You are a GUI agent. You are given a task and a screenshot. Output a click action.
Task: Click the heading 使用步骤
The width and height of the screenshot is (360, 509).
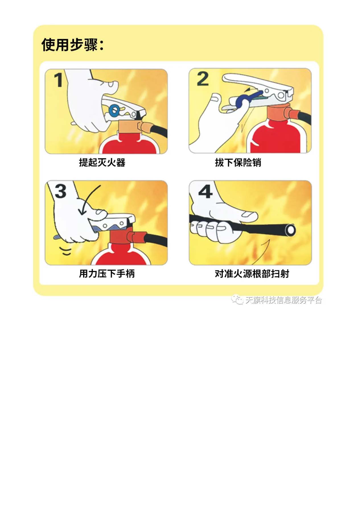pos(73,45)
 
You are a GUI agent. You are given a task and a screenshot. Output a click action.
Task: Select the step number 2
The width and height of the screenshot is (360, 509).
pos(203,79)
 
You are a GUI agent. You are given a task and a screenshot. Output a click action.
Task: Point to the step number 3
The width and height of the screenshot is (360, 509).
pos(60,191)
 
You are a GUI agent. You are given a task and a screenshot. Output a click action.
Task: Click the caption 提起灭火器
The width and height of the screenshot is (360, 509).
pos(102,163)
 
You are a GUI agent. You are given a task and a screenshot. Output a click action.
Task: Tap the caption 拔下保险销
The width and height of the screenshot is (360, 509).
pos(238,163)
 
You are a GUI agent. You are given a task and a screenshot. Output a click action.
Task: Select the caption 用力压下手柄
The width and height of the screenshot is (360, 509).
pos(107,274)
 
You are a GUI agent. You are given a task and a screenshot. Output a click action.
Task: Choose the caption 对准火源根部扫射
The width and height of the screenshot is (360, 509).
pos(252,274)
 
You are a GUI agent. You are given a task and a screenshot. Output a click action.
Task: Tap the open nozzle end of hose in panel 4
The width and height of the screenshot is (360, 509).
pos(291,230)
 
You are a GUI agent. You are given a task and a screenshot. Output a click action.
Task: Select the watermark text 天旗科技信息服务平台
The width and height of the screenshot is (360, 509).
pos(283,300)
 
